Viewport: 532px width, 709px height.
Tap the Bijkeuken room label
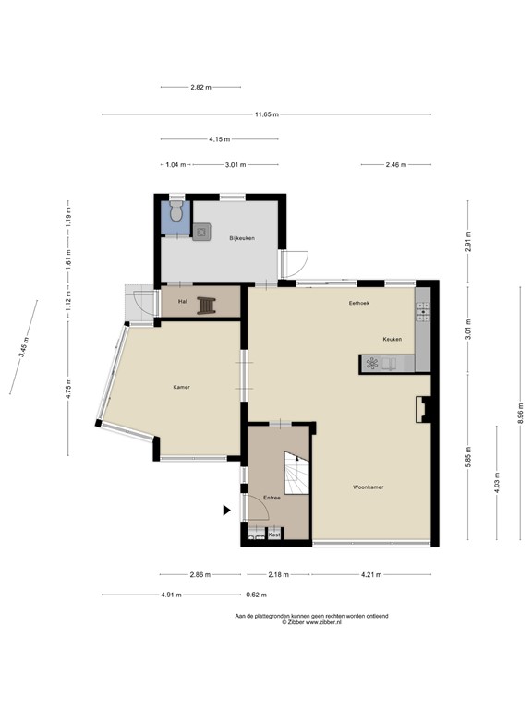coord(241,238)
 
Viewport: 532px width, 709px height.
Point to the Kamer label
coord(181,387)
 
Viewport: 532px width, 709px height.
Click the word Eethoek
coord(358,303)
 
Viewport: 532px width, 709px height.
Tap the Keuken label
coord(393,340)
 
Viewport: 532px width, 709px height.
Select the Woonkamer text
coord(368,487)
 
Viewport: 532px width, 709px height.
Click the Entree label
coord(272,498)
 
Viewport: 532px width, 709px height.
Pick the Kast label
coord(273,535)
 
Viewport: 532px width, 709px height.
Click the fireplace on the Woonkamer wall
coord(424,407)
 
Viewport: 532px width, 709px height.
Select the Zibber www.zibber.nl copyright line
coord(311,623)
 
